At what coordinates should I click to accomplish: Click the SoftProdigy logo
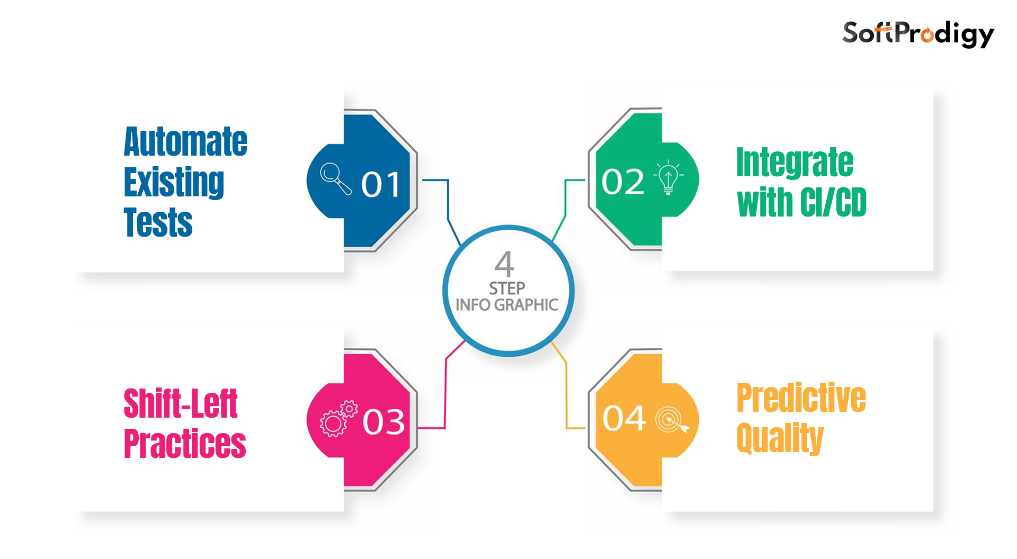point(918,34)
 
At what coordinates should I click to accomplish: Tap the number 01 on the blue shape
point(380,185)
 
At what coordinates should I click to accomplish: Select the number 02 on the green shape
point(623,182)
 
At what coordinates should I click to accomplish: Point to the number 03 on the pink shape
point(383,422)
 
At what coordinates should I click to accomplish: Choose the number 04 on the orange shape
point(624,419)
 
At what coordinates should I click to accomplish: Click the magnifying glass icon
point(336,178)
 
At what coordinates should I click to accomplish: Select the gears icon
point(338,418)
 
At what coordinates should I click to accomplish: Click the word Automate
point(185,142)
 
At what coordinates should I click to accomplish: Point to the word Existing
point(174,182)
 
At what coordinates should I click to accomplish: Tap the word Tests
point(158,222)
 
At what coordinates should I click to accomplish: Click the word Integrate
point(795,163)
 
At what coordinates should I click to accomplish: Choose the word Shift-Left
point(181,403)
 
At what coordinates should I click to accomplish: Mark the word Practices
point(185,444)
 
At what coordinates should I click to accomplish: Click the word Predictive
point(801,398)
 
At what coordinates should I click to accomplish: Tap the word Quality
point(780,438)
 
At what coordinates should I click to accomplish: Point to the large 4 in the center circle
point(504,264)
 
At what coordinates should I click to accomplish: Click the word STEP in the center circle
point(507,288)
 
